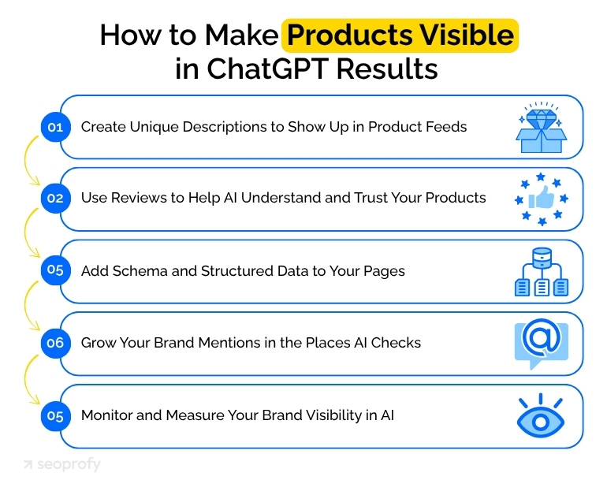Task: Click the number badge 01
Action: (x=54, y=126)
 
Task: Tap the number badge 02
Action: (x=54, y=198)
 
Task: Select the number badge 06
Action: (x=54, y=343)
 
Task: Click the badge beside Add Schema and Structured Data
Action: (x=54, y=270)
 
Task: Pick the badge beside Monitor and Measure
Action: (x=54, y=415)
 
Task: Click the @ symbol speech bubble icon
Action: (x=541, y=344)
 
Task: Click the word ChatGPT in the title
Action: (x=268, y=69)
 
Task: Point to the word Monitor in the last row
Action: (x=106, y=415)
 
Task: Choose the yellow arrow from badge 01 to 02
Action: (x=30, y=162)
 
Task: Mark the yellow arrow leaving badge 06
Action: (x=30, y=378)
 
